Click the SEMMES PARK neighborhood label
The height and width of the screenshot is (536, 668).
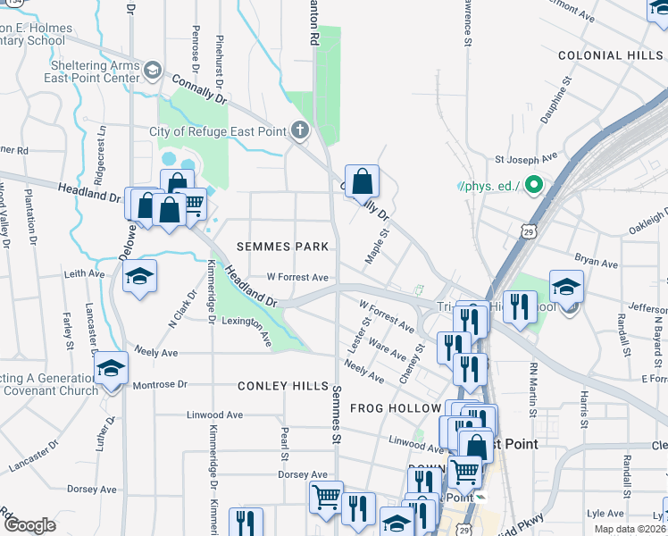(x=282, y=246)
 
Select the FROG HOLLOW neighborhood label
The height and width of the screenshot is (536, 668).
(x=396, y=407)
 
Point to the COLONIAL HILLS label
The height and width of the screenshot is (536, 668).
(x=612, y=55)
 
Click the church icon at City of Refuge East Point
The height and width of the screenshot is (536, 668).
(x=300, y=131)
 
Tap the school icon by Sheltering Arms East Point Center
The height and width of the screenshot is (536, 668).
(x=153, y=71)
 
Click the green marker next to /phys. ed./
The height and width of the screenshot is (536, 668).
(x=534, y=186)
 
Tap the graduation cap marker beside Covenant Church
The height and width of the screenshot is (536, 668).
(x=111, y=368)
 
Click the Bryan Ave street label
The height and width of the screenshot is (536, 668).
(x=597, y=264)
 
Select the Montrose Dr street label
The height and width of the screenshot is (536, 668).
(x=160, y=385)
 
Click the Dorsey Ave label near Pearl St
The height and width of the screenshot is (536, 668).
(x=303, y=474)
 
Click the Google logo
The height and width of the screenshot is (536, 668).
(x=29, y=524)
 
